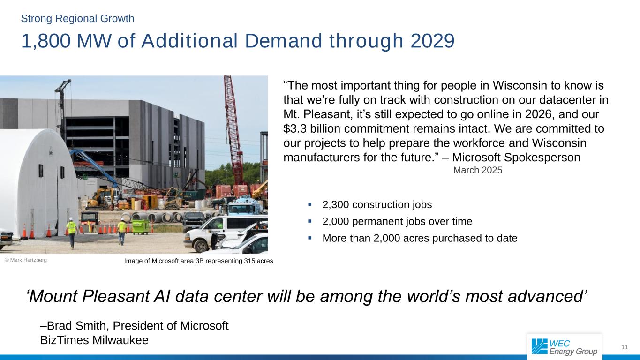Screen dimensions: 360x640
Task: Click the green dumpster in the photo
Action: click(x=140, y=225)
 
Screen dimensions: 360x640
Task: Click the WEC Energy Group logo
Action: click(x=564, y=346)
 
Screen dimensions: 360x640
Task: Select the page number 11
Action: click(x=624, y=347)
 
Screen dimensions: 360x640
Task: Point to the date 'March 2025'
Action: click(x=477, y=170)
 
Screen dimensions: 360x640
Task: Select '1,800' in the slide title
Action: click(x=46, y=41)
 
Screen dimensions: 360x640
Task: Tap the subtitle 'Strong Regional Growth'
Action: click(x=77, y=18)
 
